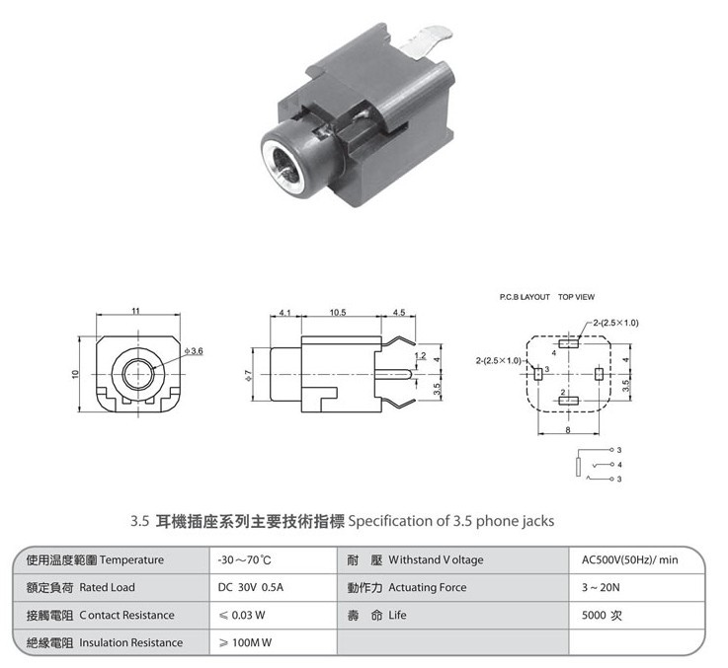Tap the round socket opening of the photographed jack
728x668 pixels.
[x=283, y=165]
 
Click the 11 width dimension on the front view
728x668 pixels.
[x=135, y=311]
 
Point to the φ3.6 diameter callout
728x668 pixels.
[x=194, y=351]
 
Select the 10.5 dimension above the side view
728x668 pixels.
[x=338, y=312]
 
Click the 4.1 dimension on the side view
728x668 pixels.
[x=285, y=312]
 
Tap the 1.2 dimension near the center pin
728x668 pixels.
[x=420, y=356]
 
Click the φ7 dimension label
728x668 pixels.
[x=248, y=376]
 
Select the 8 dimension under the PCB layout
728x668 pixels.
[x=567, y=430]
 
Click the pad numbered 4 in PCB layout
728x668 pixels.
[x=569, y=343]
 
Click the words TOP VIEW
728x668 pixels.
[x=576, y=297]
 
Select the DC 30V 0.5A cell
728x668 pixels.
[x=251, y=587]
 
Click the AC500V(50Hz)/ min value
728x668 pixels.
[x=629, y=559]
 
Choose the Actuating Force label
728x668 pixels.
[x=427, y=587]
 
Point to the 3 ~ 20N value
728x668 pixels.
[x=601, y=587]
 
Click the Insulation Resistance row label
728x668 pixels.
[x=130, y=642]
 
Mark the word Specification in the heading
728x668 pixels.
[x=390, y=521]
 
